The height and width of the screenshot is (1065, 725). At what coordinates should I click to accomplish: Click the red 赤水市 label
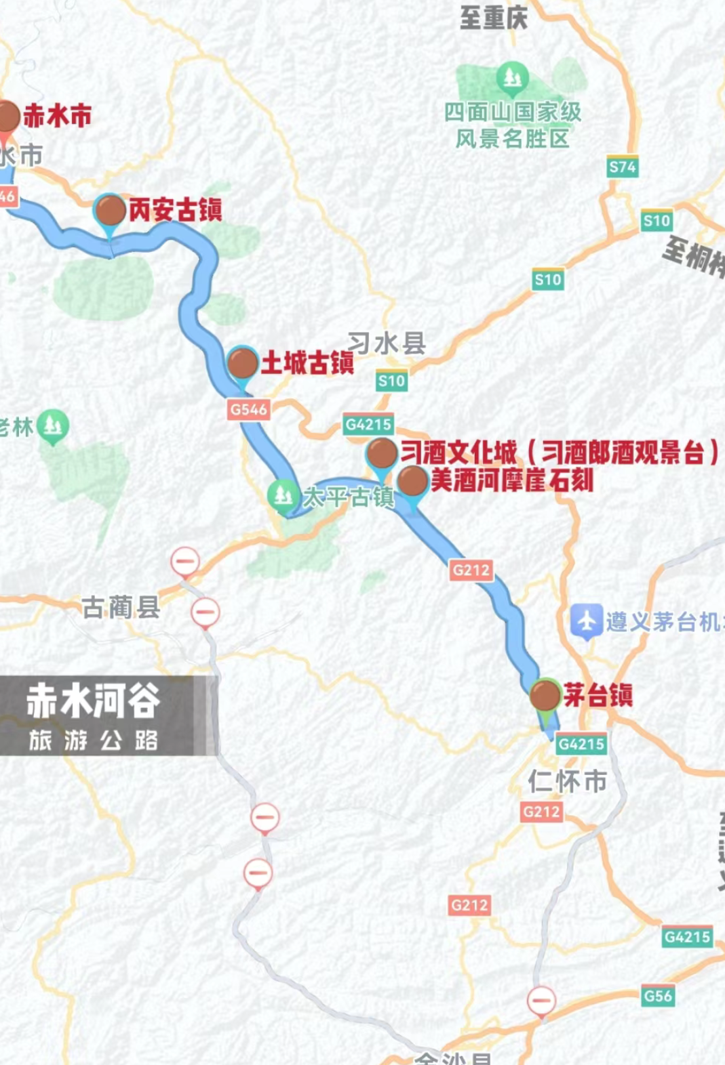coord(57,116)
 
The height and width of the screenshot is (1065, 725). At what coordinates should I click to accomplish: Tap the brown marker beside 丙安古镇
coord(109,210)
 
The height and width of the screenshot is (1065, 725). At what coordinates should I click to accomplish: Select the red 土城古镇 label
coord(307,363)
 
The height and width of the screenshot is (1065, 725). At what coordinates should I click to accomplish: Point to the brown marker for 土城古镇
coord(242,364)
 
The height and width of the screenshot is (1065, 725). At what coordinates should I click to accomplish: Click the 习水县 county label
coord(387,343)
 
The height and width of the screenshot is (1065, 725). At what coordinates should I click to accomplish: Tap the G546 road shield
coord(248,409)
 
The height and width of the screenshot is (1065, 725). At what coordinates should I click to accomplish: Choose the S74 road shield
coord(622,167)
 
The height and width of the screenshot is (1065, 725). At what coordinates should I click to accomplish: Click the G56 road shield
coord(657,996)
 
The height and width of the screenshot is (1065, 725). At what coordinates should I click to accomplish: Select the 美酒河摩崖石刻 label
coord(512,480)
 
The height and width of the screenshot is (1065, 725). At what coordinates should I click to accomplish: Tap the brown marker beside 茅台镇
coord(544,694)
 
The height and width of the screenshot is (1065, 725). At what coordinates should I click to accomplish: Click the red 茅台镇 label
coord(598,695)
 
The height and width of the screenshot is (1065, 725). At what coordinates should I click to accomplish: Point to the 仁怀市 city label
coord(567,781)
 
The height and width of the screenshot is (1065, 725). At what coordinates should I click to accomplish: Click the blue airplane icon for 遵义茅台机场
coord(586,621)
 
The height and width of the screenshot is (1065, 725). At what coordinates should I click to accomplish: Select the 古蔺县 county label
coord(121,607)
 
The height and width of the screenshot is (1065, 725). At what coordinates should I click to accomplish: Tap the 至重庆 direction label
coord(493,17)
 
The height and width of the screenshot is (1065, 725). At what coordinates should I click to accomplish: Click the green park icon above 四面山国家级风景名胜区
coord(512,78)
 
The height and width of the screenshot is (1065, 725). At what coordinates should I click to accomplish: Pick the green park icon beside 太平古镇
coord(282,495)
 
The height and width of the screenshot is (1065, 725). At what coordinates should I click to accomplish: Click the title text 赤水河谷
coord(93,701)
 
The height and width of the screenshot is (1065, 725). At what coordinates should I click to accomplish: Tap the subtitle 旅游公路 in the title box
coord(93,740)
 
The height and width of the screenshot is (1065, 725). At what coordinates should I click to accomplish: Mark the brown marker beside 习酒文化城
coord(382,453)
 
